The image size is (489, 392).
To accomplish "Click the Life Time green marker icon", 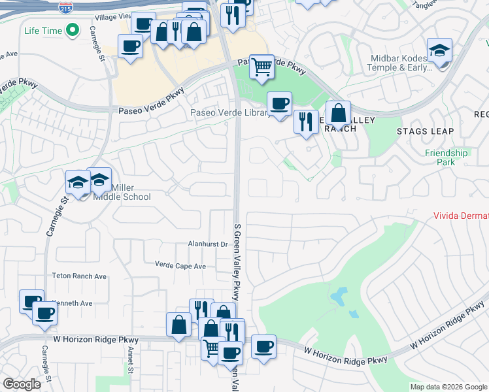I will click(74, 30).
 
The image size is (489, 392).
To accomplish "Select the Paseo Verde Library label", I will click(229, 113).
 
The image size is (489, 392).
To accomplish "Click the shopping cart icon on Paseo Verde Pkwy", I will click(261, 65).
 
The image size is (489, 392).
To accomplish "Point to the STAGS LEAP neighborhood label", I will click(425, 131).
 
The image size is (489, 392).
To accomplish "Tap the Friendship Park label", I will click(447, 157).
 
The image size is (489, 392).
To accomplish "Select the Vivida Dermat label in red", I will click(461, 216).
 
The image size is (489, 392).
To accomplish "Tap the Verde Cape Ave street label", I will click(180, 266).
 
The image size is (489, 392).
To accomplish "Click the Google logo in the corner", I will click(22, 384).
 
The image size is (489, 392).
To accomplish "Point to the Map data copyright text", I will click(448, 387).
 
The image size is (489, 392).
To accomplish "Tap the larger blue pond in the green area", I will click(338, 297).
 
